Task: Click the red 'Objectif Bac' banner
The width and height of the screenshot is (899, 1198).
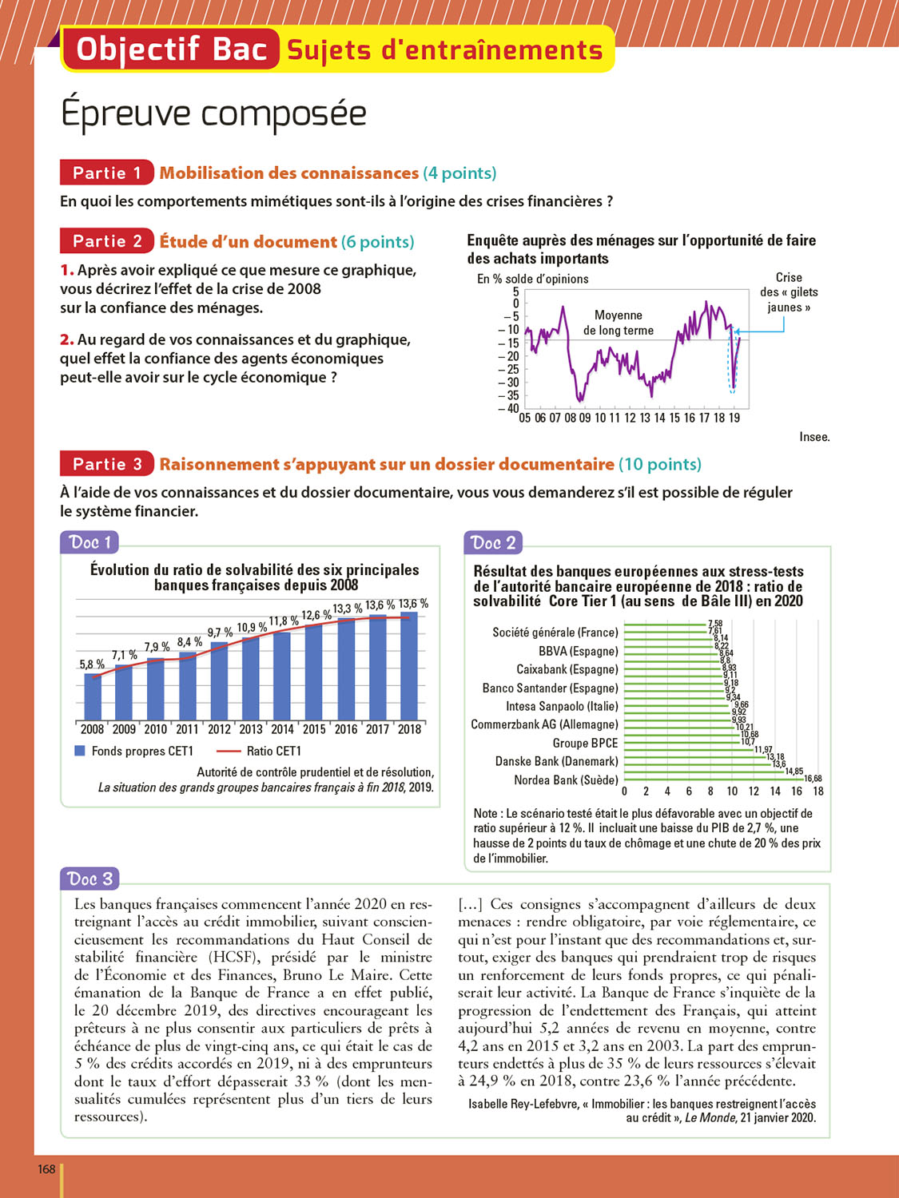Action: tap(170, 50)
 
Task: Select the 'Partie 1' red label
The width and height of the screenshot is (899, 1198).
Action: tap(106, 173)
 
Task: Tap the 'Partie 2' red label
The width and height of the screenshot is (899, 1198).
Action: tap(106, 241)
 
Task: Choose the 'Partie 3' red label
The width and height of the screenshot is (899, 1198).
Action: tap(106, 464)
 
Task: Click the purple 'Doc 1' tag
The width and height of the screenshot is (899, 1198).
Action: tap(90, 542)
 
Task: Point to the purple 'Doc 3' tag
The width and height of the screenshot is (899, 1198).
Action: tap(90, 879)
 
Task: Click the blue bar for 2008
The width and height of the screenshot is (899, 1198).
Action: tap(93, 696)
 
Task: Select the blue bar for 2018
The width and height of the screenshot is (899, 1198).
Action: tap(409, 666)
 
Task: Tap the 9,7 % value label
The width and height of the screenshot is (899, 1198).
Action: tap(220, 633)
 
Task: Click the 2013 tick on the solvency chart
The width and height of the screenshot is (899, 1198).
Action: tap(251, 729)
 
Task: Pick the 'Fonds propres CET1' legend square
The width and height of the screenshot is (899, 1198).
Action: tap(80, 751)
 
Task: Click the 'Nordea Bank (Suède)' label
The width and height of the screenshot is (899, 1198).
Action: tap(566, 780)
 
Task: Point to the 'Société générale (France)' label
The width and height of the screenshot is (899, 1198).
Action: tap(555, 633)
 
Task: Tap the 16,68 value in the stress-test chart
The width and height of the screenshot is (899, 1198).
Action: tap(813, 779)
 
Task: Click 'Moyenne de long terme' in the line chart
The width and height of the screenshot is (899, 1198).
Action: tap(618, 323)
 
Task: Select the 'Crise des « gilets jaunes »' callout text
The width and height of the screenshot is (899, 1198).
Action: tap(789, 292)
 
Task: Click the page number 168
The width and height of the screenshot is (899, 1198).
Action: tap(46, 1169)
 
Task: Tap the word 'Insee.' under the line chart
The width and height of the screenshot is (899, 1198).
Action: tap(814, 437)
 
